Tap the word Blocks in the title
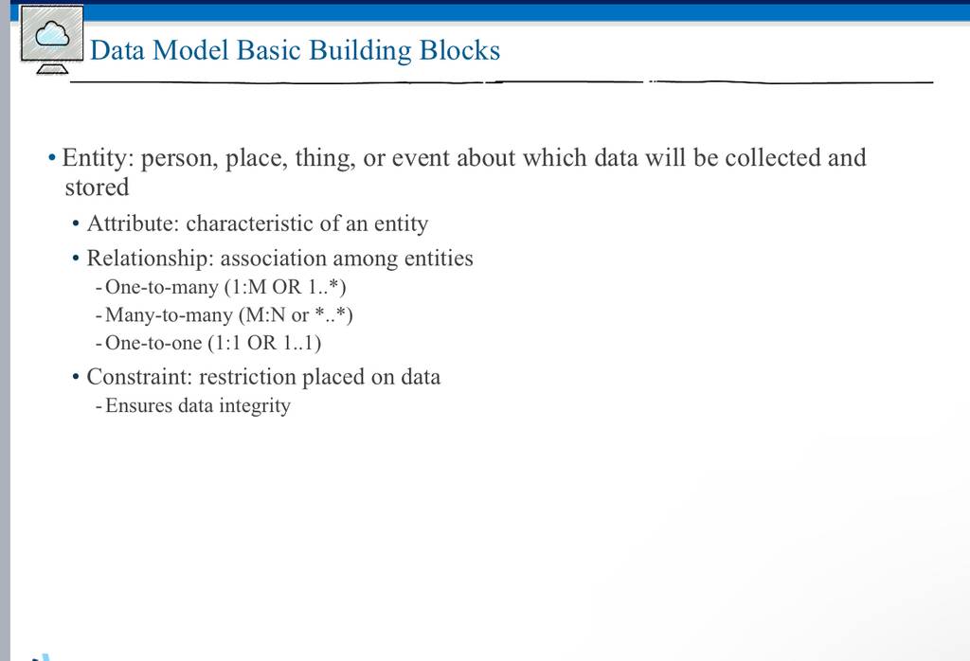pyautogui.click(x=459, y=50)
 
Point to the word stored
pyautogui.click(x=98, y=188)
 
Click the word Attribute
pyautogui.click(x=133, y=223)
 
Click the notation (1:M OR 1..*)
pyautogui.click(x=285, y=287)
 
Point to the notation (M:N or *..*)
pyautogui.click(x=296, y=315)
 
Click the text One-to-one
pyautogui.click(x=153, y=343)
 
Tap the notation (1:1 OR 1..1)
pyautogui.click(x=264, y=343)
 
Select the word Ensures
pyautogui.click(x=138, y=405)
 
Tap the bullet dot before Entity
pyautogui.click(x=52, y=158)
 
